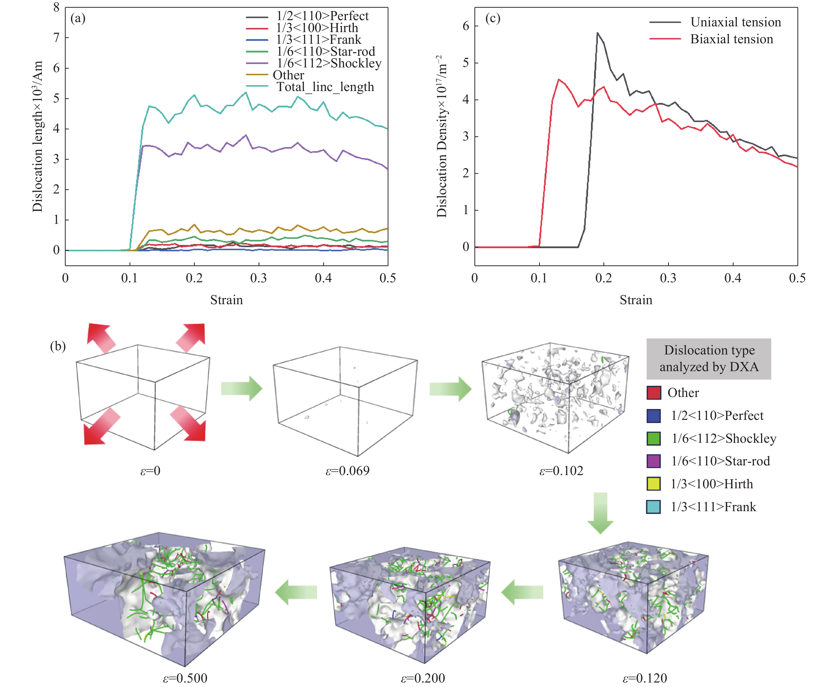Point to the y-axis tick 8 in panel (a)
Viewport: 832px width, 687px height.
[x=57, y=7]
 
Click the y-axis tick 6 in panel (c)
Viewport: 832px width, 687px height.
[x=466, y=26]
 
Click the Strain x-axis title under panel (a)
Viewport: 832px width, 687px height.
[x=226, y=300]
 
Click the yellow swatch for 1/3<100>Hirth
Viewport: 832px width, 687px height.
[x=653, y=484]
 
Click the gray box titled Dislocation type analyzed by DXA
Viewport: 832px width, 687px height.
[x=709, y=358]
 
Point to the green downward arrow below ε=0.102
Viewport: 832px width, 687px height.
[x=600, y=513]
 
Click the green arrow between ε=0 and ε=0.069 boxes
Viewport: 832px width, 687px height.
[x=242, y=388]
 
